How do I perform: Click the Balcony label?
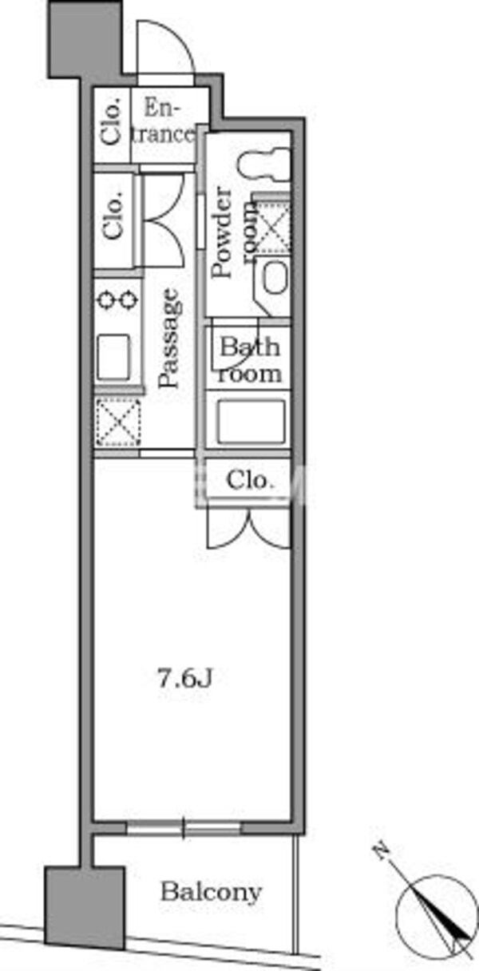(x=212, y=893)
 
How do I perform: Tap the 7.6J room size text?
(x=184, y=679)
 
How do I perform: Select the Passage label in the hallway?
(x=168, y=338)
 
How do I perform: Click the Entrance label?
(x=162, y=121)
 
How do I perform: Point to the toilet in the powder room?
(x=263, y=164)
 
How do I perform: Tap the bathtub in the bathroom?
(x=251, y=421)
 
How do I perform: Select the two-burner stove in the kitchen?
(x=117, y=299)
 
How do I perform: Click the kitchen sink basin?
(x=113, y=356)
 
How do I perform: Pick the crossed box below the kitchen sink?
(x=118, y=422)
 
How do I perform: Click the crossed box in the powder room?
(x=271, y=225)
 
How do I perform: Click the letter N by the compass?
(x=382, y=850)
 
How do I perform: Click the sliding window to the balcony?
(x=184, y=828)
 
